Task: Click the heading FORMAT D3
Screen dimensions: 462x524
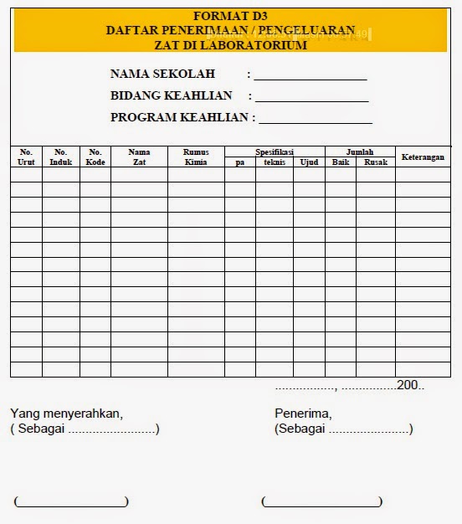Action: point(230,16)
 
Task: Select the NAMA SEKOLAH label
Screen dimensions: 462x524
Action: point(162,74)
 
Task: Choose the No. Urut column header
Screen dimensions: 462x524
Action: point(26,157)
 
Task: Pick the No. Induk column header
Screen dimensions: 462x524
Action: point(61,157)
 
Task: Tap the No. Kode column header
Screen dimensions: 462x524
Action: point(95,157)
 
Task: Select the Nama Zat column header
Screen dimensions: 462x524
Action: point(139,157)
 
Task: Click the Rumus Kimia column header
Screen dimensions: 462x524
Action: point(196,157)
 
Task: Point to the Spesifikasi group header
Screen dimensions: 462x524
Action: point(274,152)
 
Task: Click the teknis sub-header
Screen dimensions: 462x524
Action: point(274,162)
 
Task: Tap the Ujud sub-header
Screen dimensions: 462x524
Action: point(309,162)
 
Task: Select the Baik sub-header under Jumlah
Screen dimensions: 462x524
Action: point(340,162)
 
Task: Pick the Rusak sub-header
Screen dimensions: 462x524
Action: point(376,162)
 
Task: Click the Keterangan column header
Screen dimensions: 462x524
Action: point(423,157)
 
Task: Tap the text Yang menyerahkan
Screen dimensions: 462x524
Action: point(66,414)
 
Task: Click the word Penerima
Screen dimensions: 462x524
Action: point(303,414)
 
